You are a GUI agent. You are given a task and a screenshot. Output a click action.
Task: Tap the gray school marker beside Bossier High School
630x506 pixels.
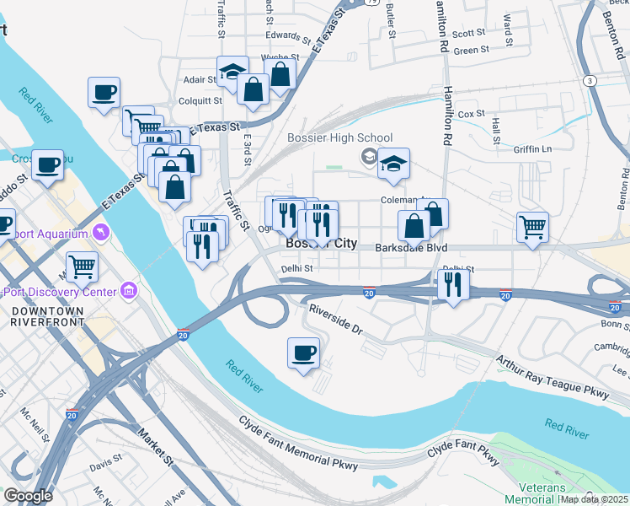coord(368,156)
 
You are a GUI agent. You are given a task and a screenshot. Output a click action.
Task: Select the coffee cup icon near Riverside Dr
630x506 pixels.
coord(303,353)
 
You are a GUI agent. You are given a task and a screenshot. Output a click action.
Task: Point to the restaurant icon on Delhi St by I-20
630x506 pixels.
coord(453,285)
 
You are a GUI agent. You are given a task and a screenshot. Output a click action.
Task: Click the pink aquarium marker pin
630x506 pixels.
coord(101,231)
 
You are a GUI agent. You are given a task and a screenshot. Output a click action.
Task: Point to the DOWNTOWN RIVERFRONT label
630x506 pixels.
coord(47,317)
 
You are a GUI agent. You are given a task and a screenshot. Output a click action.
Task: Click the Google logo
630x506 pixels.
coord(27,496)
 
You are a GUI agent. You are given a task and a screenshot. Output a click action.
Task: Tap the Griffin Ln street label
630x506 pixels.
coord(533,149)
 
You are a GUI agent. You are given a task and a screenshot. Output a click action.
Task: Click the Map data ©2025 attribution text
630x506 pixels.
coord(595,499)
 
